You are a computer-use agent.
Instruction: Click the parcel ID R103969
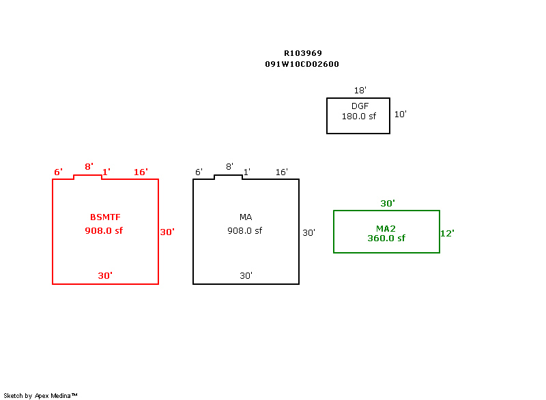[303, 53]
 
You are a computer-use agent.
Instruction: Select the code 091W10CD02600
[302, 64]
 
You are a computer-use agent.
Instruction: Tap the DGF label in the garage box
[360, 106]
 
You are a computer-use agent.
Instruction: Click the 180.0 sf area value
[359, 117]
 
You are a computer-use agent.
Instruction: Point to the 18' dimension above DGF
[360, 91]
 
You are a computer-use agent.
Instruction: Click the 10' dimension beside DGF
[400, 114]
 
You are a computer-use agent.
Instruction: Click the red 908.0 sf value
[104, 231]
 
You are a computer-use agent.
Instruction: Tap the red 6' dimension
[58, 172]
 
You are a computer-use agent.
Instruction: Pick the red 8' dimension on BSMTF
[89, 167]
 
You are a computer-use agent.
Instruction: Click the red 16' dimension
[141, 172]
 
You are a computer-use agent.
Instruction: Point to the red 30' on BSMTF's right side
[167, 232]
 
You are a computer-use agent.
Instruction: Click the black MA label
[246, 217]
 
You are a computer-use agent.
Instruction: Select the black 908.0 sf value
[244, 231]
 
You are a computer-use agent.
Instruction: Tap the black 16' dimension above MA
[281, 172]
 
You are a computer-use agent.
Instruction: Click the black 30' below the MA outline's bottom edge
[246, 276]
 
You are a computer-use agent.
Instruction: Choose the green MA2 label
[386, 228]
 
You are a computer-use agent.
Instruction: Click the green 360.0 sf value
[386, 239]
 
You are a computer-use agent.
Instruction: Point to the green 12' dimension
[447, 233]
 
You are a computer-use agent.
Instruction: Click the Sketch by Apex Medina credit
[40, 395]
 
